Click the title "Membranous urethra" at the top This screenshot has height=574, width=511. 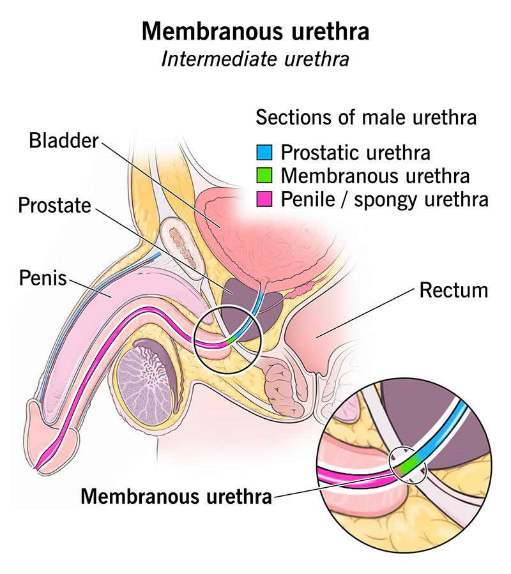[255, 31]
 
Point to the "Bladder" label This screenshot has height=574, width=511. [64, 140]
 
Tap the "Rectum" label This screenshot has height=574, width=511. [453, 291]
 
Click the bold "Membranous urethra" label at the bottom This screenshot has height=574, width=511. [176, 495]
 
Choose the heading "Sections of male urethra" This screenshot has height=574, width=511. [366, 117]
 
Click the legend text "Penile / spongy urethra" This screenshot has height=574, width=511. [385, 199]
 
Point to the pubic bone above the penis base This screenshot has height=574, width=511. [177, 237]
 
